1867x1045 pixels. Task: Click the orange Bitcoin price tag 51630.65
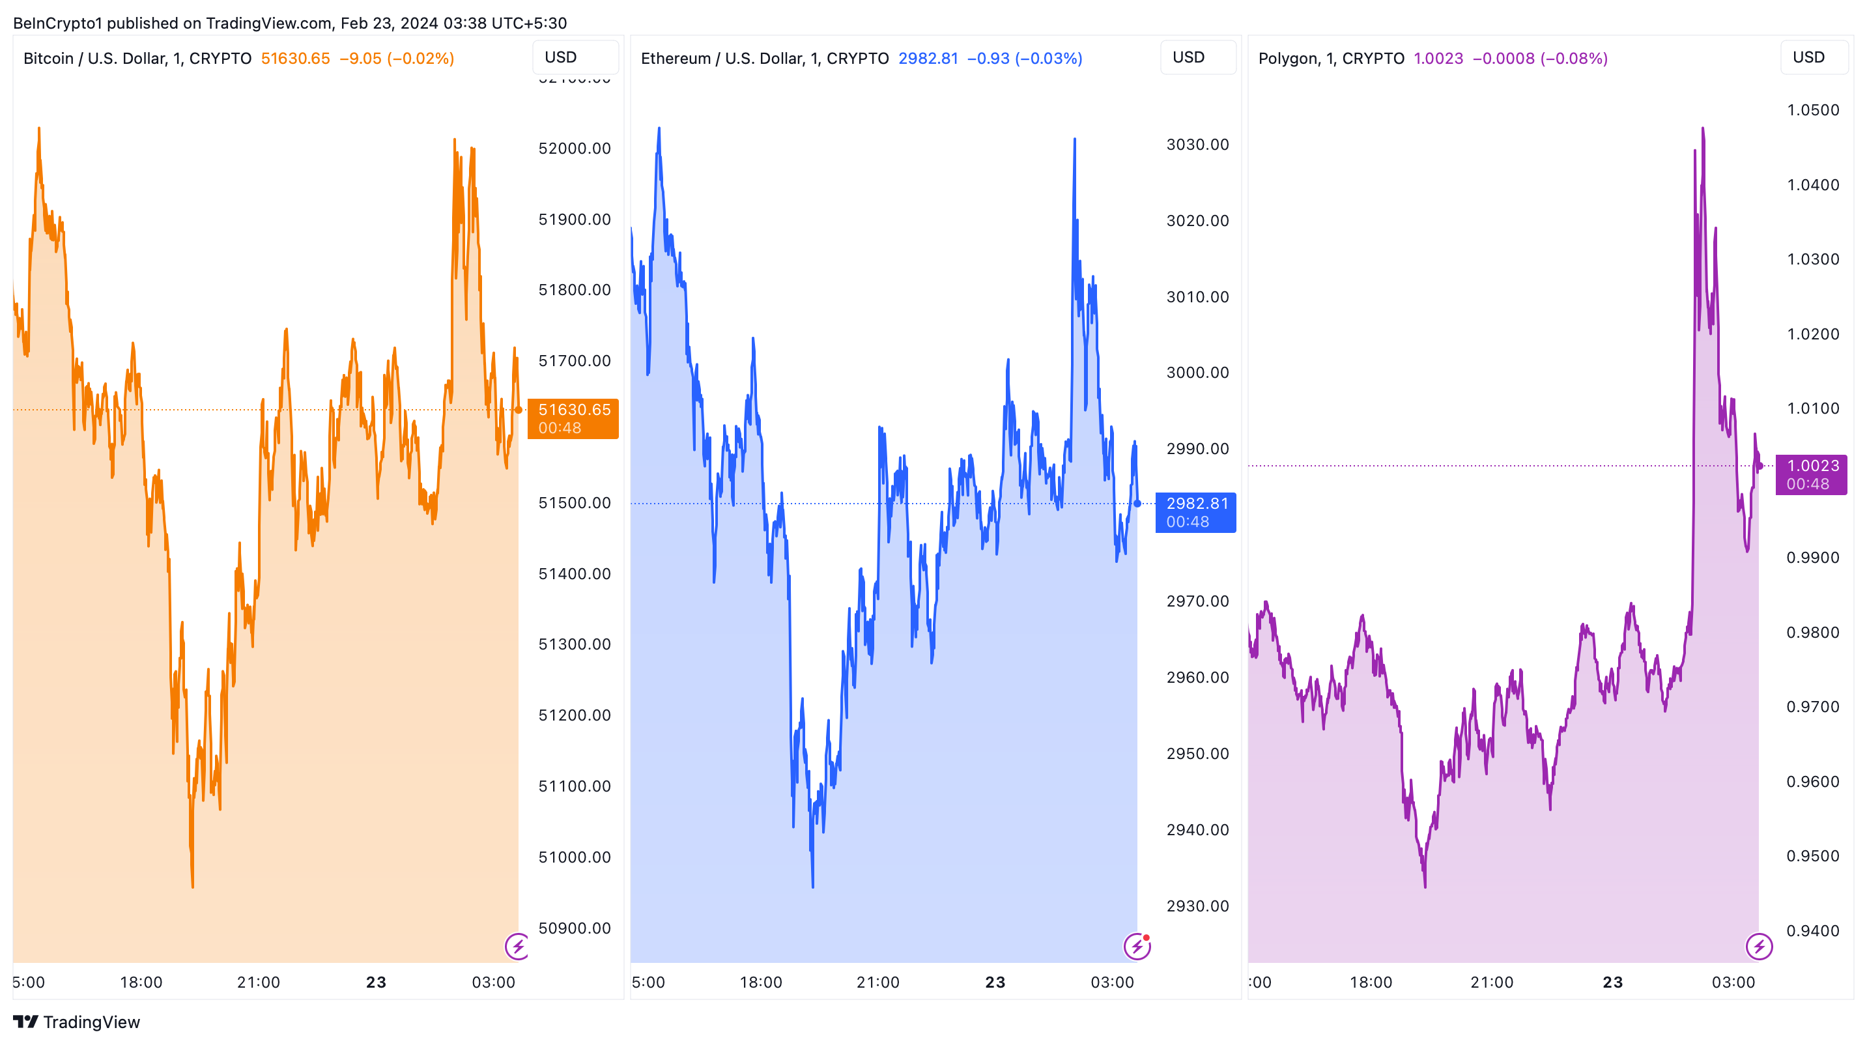[x=573, y=418]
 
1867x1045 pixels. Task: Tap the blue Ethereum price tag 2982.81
[x=1195, y=511]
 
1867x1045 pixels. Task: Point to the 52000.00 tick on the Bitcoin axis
[x=574, y=149]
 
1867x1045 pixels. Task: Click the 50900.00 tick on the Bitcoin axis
[x=574, y=928]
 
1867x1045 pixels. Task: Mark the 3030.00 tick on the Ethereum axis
[x=1197, y=144]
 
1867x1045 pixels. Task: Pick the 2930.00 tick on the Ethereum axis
[x=1197, y=906]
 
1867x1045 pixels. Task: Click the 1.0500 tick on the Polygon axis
[x=1813, y=110]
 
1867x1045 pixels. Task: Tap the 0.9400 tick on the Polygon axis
[x=1813, y=930]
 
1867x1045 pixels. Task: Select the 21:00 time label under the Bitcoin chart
[x=258, y=982]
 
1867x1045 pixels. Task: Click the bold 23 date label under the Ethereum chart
[x=995, y=982]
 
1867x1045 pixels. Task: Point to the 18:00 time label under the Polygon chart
[x=1371, y=982]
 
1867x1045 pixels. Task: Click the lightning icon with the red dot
[x=1137, y=946]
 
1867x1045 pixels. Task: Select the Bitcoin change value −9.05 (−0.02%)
[x=397, y=58]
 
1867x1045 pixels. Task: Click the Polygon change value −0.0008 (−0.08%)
[x=1540, y=58]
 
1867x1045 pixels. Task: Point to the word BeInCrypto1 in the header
[x=58, y=23]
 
